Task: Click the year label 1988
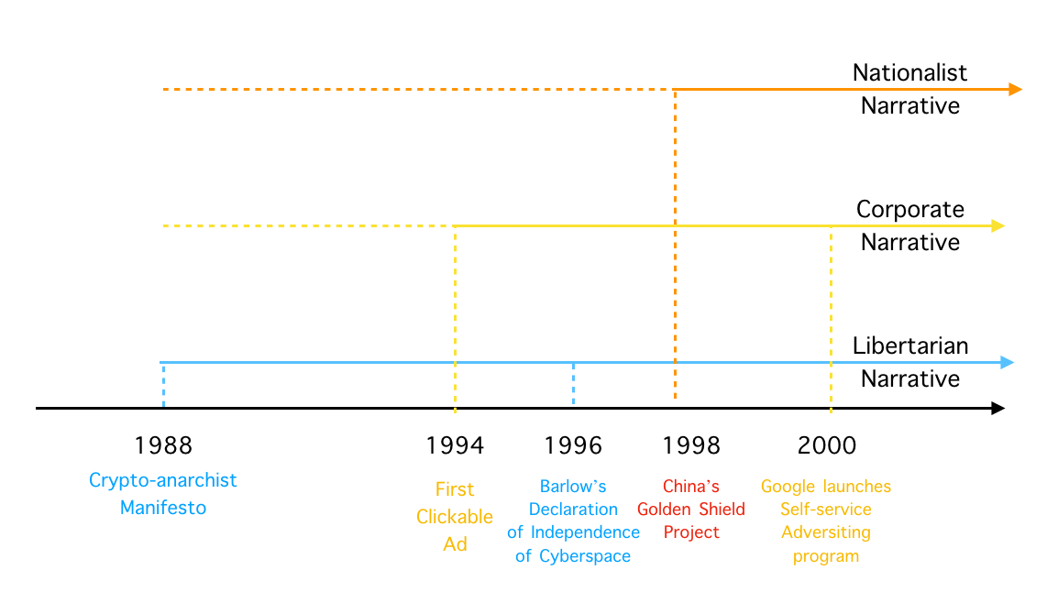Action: pyautogui.click(x=163, y=445)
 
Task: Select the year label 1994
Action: pyautogui.click(x=455, y=445)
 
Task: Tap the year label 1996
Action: pyautogui.click(x=573, y=445)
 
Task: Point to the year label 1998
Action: pyautogui.click(x=691, y=445)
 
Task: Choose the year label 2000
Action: pyautogui.click(x=827, y=445)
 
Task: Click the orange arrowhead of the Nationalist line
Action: pyautogui.click(x=1016, y=89)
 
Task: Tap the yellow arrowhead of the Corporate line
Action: pyautogui.click(x=997, y=226)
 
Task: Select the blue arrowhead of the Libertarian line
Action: pyautogui.click(x=1007, y=363)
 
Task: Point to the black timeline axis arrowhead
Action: pyautogui.click(x=997, y=408)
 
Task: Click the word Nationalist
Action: pyautogui.click(x=909, y=72)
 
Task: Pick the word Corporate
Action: pyautogui.click(x=910, y=210)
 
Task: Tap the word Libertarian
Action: pyautogui.click(x=910, y=346)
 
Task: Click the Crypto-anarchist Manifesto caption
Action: pyautogui.click(x=162, y=494)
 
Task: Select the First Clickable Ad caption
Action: pyautogui.click(x=455, y=517)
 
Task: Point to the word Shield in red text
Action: pyautogui.click(x=722, y=510)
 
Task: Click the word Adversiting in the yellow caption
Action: pyautogui.click(x=826, y=532)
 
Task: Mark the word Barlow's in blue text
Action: pyautogui.click(x=573, y=487)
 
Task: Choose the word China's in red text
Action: pyautogui.click(x=691, y=487)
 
